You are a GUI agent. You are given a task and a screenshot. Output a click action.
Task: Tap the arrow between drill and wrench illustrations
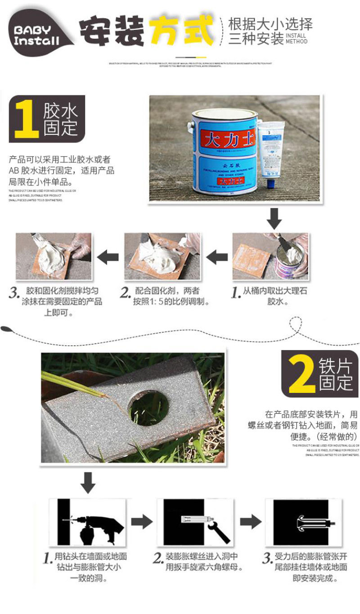tap(141, 522)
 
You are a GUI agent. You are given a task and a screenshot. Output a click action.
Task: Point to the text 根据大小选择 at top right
tap(270, 23)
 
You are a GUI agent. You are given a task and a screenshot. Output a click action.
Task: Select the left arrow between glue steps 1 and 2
tap(217, 257)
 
